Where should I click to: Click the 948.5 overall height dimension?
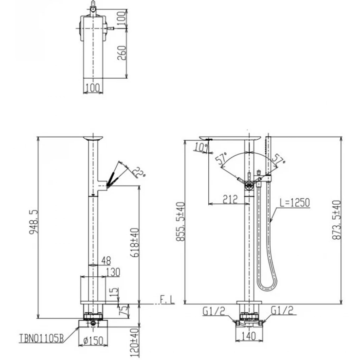click(34, 222)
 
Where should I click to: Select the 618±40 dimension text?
click(135, 242)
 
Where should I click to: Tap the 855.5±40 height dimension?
click(180, 221)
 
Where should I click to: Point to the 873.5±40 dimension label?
click(337, 220)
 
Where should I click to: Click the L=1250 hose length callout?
click(295, 202)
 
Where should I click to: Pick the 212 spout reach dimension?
click(230, 199)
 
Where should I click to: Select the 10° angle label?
click(201, 147)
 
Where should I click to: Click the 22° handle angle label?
click(139, 173)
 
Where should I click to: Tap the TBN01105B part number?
click(41, 339)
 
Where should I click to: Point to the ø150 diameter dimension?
click(93, 341)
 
